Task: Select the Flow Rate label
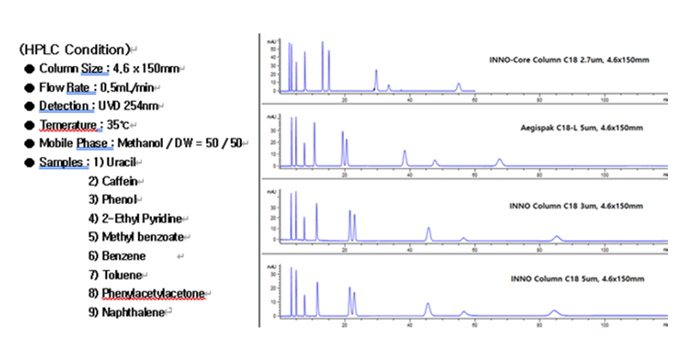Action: pos(63,87)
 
